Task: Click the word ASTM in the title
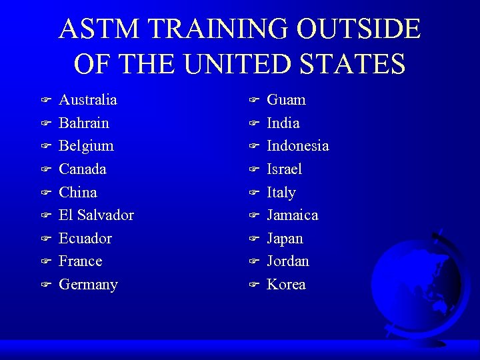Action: pos(100,29)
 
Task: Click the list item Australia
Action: pos(88,100)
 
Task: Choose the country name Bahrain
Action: pos(84,123)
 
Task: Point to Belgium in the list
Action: pos(86,146)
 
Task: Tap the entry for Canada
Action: pos(83,169)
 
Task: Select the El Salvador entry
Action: pos(96,215)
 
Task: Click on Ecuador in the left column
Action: pos(85,238)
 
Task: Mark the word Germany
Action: pos(88,285)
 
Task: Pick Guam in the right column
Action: pos(286,100)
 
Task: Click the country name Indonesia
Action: pos(297,146)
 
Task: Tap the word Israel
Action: pos(284,169)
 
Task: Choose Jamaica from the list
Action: pos(292,215)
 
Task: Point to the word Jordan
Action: pos(288,261)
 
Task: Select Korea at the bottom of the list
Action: pos(286,285)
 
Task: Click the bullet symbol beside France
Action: pos(45,261)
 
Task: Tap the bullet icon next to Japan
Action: pos(253,238)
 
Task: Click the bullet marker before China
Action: pos(45,193)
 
